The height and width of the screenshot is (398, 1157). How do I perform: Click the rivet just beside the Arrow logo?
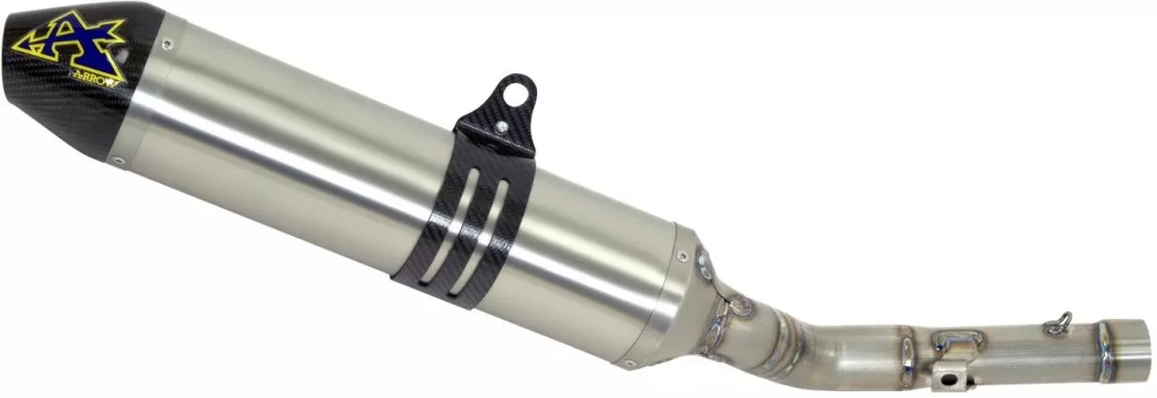coord(167,42)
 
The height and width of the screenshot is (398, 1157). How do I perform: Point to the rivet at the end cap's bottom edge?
coord(120,161)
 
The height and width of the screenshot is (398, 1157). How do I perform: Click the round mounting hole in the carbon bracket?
coord(521,93)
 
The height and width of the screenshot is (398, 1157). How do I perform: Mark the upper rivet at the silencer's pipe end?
coord(684,255)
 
